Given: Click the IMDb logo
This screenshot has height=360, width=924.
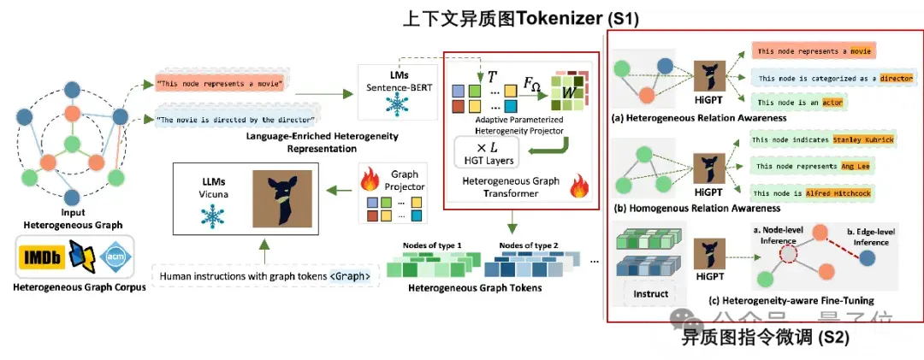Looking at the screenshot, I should [x=39, y=257].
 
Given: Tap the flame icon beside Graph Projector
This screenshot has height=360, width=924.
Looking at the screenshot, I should [x=370, y=180].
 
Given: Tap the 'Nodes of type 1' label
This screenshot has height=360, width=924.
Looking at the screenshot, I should [x=432, y=245].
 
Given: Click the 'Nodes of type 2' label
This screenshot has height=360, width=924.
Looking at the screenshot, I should [x=528, y=245].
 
